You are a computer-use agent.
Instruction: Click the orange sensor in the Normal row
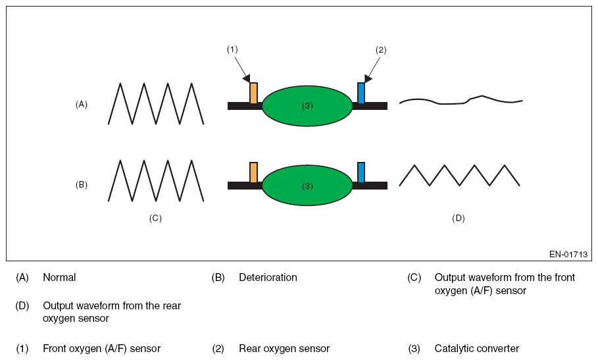pyautogui.click(x=253, y=93)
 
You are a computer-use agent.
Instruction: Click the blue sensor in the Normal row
pyautogui.click(x=361, y=93)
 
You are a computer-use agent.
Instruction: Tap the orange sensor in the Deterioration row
pyautogui.click(x=253, y=172)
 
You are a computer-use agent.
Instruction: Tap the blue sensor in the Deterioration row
pyautogui.click(x=361, y=172)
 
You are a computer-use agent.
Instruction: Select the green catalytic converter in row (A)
pyautogui.click(x=307, y=105)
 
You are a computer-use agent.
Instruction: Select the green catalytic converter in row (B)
pyautogui.click(x=307, y=186)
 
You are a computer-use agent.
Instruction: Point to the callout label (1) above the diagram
pyautogui.click(x=232, y=49)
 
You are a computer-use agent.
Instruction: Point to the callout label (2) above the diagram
pyautogui.click(x=381, y=49)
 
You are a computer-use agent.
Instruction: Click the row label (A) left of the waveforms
pyautogui.click(x=82, y=104)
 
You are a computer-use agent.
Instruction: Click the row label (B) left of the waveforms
pyautogui.click(x=82, y=185)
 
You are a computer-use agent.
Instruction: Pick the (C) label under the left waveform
pyautogui.click(x=155, y=218)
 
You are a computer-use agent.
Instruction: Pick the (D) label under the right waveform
pyautogui.click(x=459, y=218)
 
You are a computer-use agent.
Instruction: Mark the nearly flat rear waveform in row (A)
pyautogui.click(x=461, y=101)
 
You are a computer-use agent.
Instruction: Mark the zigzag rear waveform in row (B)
pyautogui.click(x=459, y=175)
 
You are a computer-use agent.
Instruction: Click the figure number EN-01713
pyautogui.click(x=568, y=254)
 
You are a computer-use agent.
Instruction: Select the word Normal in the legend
pyautogui.click(x=59, y=278)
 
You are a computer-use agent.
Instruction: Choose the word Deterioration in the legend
pyautogui.click(x=268, y=278)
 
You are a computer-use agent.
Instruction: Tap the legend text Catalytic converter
pyautogui.click(x=476, y=349)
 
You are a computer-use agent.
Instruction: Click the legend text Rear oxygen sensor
pyautogui.click(x=284, y=349)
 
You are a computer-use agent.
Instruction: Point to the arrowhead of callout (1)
pyautogui.click(x=246, y=79)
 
